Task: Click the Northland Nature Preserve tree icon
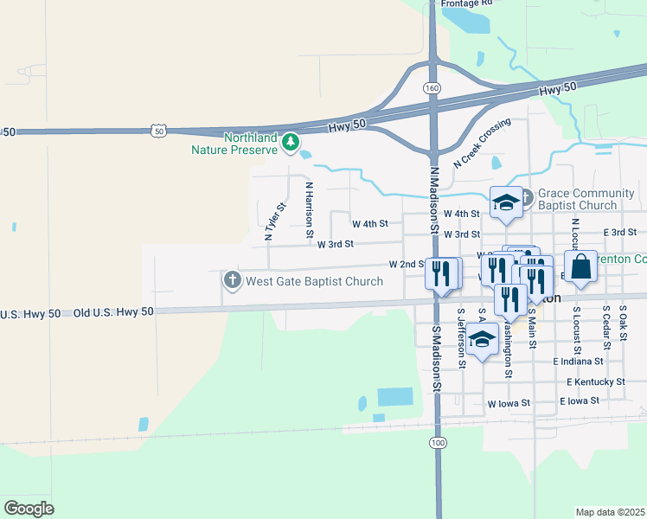292,141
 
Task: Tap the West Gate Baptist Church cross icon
232,280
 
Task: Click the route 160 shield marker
432,88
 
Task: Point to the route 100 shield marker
438,442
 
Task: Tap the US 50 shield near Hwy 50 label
157,130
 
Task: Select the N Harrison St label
308,208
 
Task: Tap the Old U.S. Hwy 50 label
113,311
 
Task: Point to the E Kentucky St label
596,381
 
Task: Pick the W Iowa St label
508,403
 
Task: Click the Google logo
29,508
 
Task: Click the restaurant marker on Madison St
442,274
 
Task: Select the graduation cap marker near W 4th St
506,203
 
